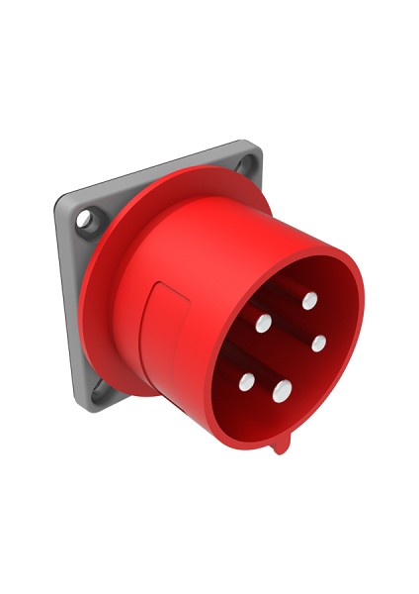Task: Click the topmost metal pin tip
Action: tap(309, 298)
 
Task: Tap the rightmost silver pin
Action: tap(318, 344)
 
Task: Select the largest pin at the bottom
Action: tap(283, 388)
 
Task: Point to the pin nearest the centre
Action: tap(264, 323)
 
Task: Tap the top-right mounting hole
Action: tap(246, 162)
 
